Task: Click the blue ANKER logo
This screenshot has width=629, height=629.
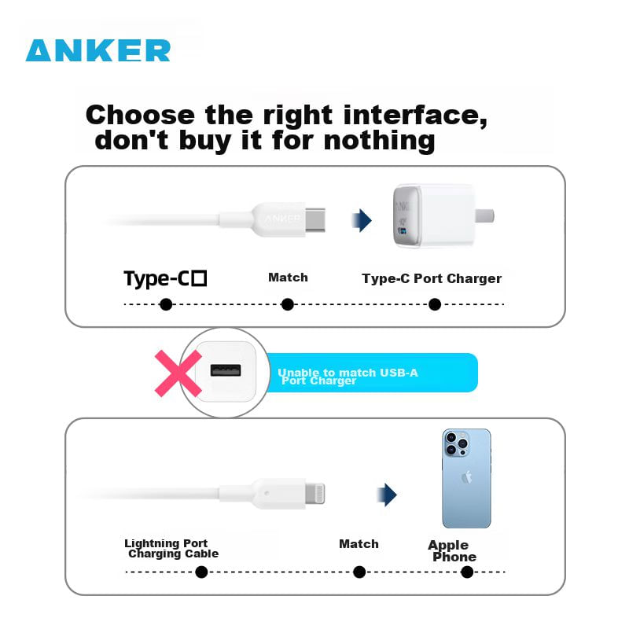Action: coord(97,50)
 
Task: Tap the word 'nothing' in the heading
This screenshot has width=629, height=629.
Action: coord(379,141)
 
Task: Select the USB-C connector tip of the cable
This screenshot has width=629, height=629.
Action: coord(315,219)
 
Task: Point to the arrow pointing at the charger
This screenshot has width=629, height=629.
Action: coord(362,220)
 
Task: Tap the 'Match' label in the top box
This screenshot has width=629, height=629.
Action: coord(288,278)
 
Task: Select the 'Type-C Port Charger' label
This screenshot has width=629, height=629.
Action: coord(432,278)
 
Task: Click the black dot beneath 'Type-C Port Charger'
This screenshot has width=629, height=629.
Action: coord(435,304)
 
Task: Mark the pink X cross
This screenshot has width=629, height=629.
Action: coord(178,373)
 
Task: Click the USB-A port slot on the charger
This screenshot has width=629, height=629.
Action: coord(226,370)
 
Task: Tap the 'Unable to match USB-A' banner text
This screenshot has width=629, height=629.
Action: coord(348,373)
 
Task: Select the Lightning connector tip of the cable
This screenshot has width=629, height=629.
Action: coord(315,494)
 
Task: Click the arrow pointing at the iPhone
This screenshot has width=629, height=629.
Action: coord(387,495)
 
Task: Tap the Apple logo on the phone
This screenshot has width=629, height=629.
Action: coord(466,477)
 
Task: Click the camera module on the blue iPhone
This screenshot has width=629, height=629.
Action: coord(457,443)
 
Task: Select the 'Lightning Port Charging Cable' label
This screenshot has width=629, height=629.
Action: coord(171,548)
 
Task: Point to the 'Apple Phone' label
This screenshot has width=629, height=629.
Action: coord(452,551)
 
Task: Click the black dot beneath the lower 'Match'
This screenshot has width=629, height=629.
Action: coord(359,572)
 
